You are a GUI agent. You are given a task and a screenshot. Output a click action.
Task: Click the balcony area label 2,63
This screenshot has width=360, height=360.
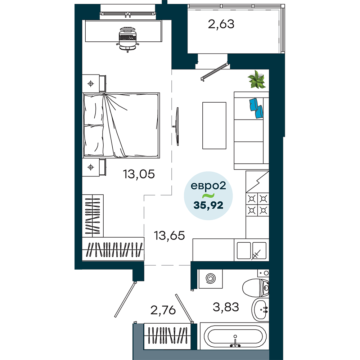(221, 24)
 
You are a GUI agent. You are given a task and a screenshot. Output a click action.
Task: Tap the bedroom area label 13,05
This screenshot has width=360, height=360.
(139, 174)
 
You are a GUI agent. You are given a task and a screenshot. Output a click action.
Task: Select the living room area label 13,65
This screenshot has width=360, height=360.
(170, 235)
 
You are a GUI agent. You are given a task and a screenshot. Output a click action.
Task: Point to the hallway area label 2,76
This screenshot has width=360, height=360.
(163, 310)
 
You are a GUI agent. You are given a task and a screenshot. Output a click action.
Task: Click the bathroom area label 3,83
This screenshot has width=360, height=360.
(226, 307)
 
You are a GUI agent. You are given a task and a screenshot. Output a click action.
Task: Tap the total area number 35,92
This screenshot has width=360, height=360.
(208, 205)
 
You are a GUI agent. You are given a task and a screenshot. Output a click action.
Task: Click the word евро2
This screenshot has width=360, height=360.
(208, 186)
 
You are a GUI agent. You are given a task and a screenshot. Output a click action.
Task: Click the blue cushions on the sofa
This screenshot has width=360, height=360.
(256, 108)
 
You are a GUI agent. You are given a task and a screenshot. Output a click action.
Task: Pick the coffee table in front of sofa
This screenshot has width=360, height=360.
(214, 125)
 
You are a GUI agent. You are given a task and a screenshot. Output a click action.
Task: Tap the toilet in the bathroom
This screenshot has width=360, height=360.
(256, 288)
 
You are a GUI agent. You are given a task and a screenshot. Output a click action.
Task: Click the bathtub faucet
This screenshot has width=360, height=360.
(235, 341)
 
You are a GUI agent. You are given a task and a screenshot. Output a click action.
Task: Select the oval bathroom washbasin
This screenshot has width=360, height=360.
(260, 310)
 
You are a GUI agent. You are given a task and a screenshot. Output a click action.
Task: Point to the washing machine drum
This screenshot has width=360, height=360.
(211, 279)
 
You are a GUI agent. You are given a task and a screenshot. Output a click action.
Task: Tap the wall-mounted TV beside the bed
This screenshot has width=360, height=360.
(177, 126)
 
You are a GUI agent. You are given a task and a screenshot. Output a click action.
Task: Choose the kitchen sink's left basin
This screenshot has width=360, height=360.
(244, 251)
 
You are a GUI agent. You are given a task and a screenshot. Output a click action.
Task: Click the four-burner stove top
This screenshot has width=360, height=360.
(257, 204)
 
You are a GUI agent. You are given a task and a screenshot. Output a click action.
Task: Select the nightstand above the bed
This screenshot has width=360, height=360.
(94, 84)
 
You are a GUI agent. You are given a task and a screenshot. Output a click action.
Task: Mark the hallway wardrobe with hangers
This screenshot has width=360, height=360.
(167, 336)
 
